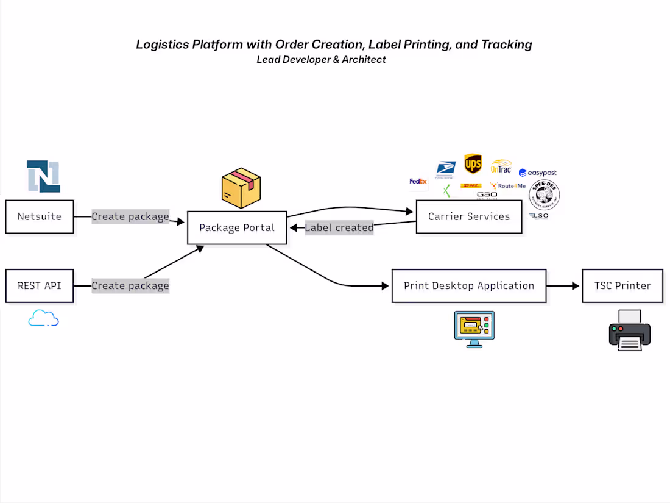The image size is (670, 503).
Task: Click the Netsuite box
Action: tap(40, 216)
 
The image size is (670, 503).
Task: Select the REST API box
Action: tap(40, 285)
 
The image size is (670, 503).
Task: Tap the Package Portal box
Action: tap(237, 228)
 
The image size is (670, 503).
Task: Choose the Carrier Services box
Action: tap(468, 216)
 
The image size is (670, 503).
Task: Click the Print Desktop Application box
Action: tap(468, 285)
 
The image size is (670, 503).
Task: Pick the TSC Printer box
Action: tap(622, 285)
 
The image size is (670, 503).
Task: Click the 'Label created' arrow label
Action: tap(339, 228)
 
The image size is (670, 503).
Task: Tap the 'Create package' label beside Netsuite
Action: tap(130, 216)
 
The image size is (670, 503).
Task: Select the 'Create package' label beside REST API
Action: tap(130, 285)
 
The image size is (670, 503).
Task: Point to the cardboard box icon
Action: tap(241, 188)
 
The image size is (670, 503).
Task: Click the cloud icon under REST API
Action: tap(43, 318)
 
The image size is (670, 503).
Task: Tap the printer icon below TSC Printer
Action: tap(629, 330)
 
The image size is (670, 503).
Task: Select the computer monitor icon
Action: tap(474, 329)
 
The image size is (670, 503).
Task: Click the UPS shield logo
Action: tap(473, 163)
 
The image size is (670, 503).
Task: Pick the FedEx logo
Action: tap(418, 181)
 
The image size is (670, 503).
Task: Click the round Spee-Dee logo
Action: tap(544, 196)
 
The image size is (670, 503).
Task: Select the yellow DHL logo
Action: tap(471, 186)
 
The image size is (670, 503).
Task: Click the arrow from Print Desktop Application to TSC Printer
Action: tap(563, 285)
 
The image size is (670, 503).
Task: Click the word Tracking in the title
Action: tap(506, 45)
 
